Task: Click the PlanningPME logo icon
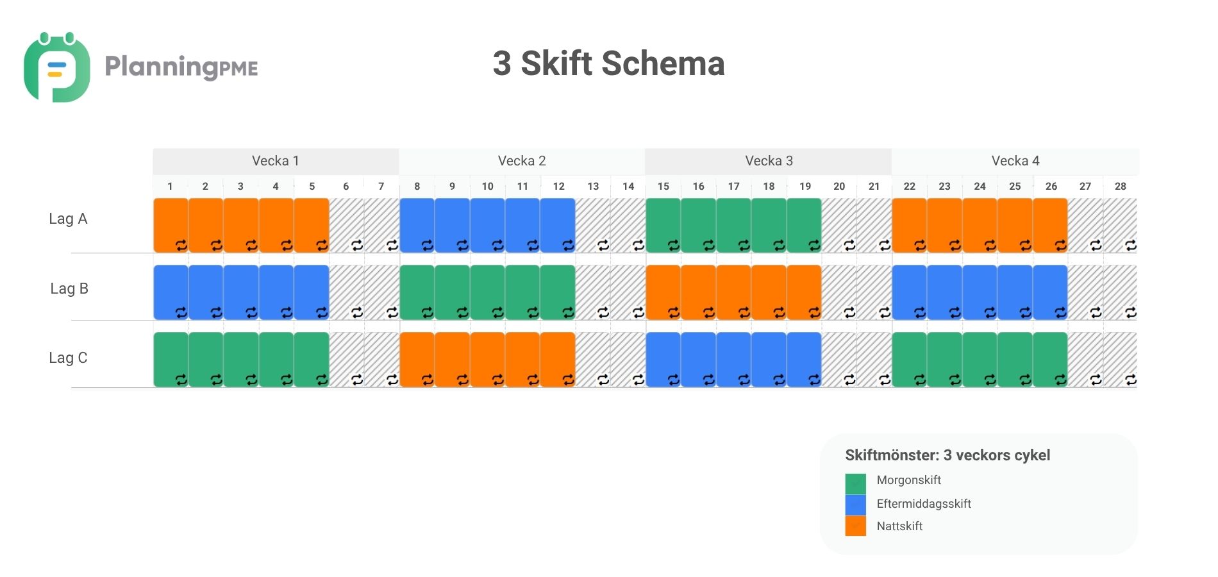tap(56, 68)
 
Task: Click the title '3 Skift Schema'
tap(608, 63)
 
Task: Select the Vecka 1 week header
tap(276, 161)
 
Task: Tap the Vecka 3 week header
tap(769, 161)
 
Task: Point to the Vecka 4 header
tap(1015, 161)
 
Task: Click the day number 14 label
tap(628, 187)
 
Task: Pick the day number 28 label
tap(1120, 187)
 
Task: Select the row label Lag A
tap(68, 219)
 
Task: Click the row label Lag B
tap(69, 288)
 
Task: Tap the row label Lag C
tap(68, 358)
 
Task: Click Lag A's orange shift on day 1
tap(171, 224)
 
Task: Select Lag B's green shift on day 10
tap(487, 292)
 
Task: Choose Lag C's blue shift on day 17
tap(733, 359)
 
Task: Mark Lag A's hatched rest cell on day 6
tap(346, 224)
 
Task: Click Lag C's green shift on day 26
tap(1050, 359)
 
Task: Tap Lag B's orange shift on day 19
tap(804, 292)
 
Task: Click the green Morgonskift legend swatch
tap(855, 482)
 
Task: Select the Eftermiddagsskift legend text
tap(924, 504)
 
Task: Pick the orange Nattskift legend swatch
tap(855, 526)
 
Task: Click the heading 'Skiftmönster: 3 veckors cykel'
tap(947, 455)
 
